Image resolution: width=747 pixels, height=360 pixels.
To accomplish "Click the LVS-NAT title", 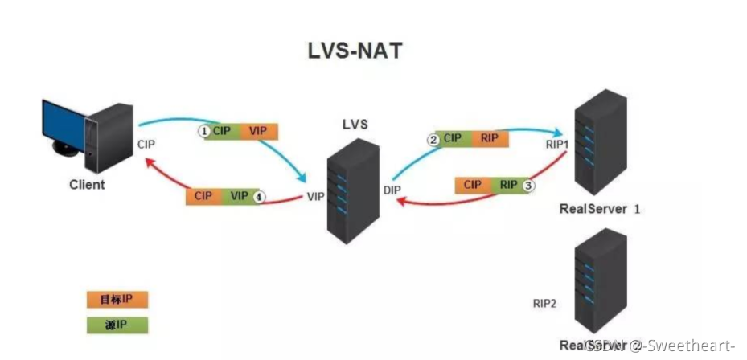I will coord(355,50).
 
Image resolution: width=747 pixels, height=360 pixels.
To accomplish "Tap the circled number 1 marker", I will coord(204,130).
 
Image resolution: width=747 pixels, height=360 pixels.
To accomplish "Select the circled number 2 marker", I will coord(433,139).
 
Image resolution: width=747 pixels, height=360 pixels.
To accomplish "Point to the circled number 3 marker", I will coord(528,186).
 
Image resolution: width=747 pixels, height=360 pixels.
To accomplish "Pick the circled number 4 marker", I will coord(259,196).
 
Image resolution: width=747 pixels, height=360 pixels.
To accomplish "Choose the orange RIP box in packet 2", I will coord(489,138).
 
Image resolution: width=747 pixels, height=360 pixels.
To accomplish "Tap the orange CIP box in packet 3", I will coord(473,186).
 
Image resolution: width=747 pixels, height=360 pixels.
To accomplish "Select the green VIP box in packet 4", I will coord(239,196).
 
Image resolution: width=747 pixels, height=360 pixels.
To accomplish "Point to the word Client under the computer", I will coord(87,185).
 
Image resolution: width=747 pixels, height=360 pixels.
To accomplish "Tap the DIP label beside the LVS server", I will coord(392,190).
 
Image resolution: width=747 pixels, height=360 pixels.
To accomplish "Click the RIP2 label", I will coord(544,305).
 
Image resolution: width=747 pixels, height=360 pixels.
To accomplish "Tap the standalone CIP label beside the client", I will coord(145,145).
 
